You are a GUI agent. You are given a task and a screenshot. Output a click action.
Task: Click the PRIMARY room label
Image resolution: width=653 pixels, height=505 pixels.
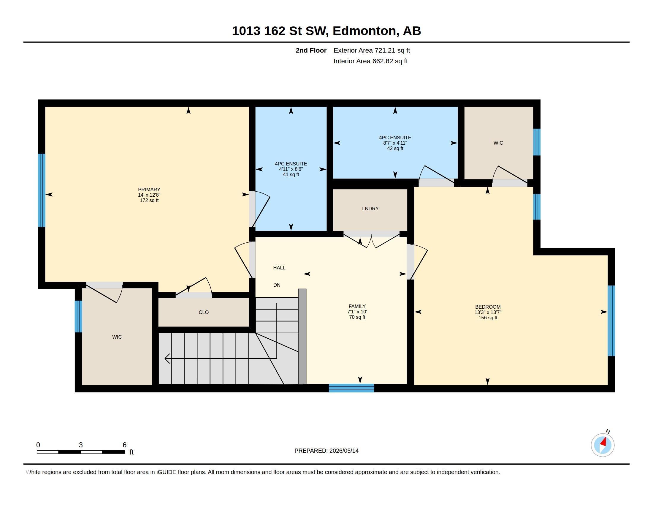[x=149, y=190]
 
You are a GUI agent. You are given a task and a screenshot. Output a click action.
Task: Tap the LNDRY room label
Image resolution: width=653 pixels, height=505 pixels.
[x=370, y=209]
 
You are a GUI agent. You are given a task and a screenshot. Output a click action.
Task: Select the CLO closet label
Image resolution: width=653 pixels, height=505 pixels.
[x=204, y=312]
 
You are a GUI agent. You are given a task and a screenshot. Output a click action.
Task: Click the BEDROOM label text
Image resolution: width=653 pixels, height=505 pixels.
[x=488, y=307]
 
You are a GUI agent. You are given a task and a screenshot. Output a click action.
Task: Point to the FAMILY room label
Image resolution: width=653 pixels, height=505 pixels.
[x=357, y=306]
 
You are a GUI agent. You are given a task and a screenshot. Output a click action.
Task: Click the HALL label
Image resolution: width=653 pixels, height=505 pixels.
[x=279, y=267]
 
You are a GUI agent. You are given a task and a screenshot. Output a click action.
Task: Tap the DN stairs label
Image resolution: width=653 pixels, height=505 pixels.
[x=277, y=285]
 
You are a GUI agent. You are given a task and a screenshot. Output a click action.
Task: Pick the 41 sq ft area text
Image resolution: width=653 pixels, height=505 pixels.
[x=291, y=174]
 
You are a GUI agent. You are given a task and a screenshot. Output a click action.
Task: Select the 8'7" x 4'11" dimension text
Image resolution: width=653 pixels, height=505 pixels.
[x=395, y=143]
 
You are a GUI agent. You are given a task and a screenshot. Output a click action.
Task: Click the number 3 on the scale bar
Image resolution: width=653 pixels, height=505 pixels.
[x=81, y=445]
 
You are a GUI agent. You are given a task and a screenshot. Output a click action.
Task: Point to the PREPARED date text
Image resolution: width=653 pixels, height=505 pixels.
[x=326, y=451]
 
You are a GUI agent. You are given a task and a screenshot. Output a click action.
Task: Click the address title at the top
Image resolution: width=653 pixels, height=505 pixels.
[x=326, y=31]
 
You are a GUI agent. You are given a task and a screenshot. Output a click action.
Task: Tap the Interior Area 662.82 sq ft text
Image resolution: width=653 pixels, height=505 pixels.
[x=371, y=61]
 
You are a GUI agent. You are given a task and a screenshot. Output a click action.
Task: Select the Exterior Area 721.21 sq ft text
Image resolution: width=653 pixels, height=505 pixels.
[x=372, y=50]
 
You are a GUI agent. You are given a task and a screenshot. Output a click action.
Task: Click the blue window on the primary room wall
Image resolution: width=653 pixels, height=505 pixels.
[x=42, y=190]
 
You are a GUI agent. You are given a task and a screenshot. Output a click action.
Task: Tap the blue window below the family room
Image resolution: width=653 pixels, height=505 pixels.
[x=351, y=388]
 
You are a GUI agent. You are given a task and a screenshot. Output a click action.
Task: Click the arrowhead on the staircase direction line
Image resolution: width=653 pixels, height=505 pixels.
[x=167, y=358]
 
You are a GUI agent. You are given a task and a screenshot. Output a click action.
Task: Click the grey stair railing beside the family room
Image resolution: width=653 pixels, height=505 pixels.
[x=302, y=337]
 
